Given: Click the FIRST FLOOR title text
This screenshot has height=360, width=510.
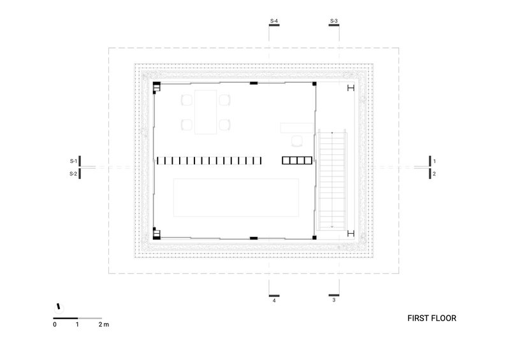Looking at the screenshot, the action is point(432,318).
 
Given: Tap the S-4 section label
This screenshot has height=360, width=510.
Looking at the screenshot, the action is point(274,21).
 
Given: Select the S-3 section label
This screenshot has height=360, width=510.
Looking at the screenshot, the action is point(333,21).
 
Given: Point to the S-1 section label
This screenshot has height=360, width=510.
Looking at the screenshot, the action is point(73,161).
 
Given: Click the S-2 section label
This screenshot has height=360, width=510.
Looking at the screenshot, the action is point(73,174).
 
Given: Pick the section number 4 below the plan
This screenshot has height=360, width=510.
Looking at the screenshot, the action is point(274,301).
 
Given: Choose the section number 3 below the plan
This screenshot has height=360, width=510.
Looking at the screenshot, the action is point(333,300).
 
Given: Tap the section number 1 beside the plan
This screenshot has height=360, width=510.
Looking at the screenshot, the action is point(434,161).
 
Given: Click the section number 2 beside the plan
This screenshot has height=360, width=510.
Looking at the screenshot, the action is point(434,174).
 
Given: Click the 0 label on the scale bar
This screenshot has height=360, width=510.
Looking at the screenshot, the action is point(55,324).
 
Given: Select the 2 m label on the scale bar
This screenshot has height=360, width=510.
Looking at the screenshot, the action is point(104,324).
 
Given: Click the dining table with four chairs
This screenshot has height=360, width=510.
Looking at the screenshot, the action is point(206,112).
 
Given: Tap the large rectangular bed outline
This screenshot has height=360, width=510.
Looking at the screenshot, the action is point(236,198).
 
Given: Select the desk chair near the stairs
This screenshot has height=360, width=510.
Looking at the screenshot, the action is point(296,141).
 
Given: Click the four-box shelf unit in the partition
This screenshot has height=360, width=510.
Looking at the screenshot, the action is point(297,161).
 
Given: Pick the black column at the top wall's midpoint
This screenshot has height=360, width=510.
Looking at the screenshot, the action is point(254,83).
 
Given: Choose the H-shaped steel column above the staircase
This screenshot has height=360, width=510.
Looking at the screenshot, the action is point(351,88).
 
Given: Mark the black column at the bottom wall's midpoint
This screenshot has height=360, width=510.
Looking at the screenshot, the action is point(254,238).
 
